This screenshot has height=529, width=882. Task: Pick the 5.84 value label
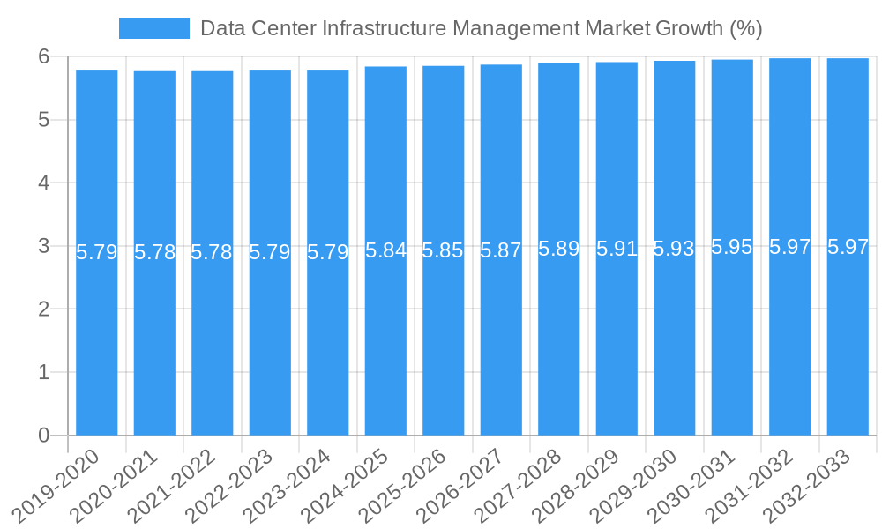385,250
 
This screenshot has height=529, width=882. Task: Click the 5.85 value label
443,250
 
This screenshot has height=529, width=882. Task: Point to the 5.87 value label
501,250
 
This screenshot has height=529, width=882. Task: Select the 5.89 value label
558,249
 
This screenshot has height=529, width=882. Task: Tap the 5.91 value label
617,249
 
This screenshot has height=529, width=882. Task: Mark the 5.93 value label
674,249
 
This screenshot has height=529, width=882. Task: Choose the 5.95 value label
732,247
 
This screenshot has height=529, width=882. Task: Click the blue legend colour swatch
153,28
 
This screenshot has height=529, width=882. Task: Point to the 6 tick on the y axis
43,56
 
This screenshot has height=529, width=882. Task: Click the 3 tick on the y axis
43,246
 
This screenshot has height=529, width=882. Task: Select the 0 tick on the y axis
43,436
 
